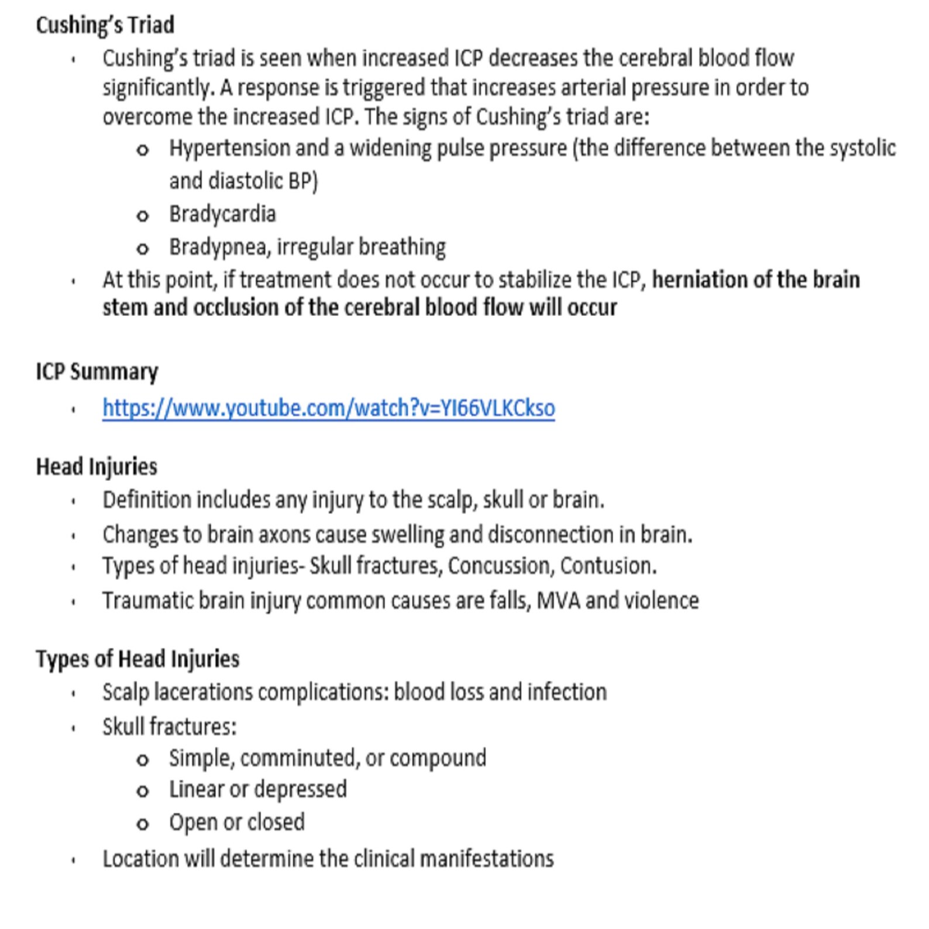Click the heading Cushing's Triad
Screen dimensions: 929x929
point(105,25)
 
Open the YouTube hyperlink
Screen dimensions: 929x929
point(328,408)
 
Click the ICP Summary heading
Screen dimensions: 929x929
point(97,371)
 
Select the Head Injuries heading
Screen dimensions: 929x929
point(97,467)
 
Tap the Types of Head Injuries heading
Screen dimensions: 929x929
point(137,659)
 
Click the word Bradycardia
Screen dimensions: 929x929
point(222,214)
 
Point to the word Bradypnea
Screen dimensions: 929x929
point(219,247)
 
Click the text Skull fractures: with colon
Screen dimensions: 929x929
point(169,727)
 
